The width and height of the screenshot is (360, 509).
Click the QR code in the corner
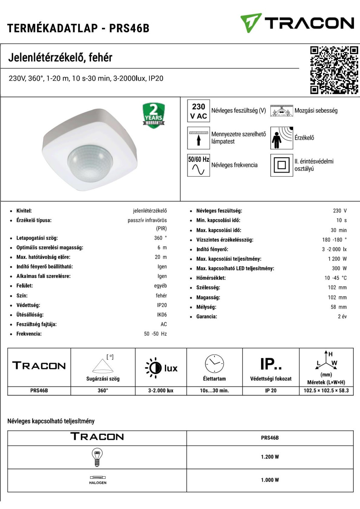click(334, 70)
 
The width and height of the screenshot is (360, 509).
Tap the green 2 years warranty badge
click(154, 115)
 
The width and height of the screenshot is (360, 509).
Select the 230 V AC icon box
click(198, 111)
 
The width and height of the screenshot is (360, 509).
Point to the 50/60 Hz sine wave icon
click(198, 165)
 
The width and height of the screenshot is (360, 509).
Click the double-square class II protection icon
click(282, 165)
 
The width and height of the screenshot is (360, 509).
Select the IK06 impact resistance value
click(162, 315)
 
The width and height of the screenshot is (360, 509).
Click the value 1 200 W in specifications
click(337, 259)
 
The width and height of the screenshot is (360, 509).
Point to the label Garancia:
click(206, 316)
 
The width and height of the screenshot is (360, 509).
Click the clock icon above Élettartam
click(214, 364)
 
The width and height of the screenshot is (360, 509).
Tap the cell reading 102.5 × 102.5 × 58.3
click(326, 391)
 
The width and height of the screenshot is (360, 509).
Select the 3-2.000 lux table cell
click(161, 391)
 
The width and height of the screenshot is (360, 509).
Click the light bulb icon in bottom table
click(97, 457)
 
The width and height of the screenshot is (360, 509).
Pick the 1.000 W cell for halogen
click(270, 480)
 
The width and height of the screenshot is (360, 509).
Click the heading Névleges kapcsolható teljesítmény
click(51, 421)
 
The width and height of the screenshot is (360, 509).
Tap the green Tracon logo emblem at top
click(250, 23)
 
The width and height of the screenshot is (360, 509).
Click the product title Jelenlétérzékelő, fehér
click(60, 57)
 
